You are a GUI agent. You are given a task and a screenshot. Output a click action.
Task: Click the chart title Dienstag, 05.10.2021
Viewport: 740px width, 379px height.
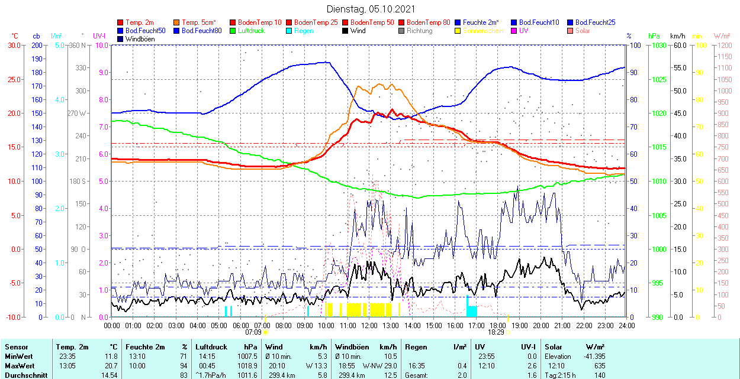(371, 9)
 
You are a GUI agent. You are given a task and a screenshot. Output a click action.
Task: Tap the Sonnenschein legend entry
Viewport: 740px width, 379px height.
(483, 31)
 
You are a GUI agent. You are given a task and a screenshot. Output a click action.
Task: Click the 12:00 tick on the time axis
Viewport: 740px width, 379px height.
(369, 325)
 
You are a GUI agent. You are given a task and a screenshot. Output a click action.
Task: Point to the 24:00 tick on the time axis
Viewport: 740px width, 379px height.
(627, 325)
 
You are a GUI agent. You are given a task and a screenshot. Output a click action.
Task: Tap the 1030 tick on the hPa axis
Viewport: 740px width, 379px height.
(657, 45)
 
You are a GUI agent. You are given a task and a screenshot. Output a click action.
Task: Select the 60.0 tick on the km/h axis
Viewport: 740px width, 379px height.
(678, 45)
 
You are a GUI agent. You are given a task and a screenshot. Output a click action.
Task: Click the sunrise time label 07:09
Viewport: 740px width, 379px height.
(253, 332)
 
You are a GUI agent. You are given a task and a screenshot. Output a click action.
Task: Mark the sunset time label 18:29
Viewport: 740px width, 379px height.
(496, 332)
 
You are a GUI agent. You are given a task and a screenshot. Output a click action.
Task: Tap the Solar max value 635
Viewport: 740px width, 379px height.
(600, 366)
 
